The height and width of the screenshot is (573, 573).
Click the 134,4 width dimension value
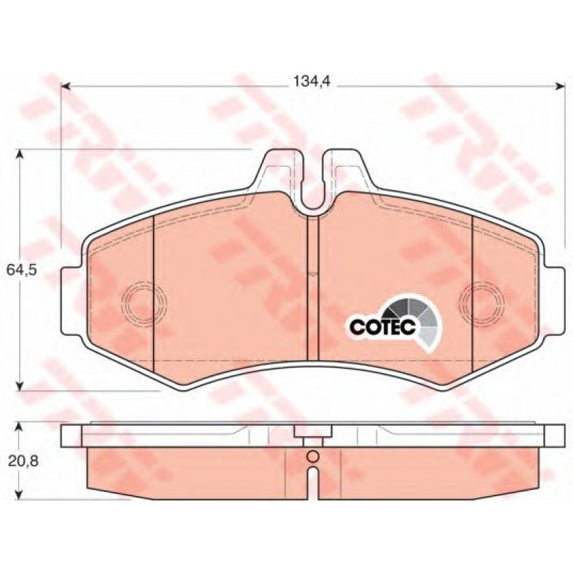(x=312, y=81)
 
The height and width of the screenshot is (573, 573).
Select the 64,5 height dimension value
(x=22, y=270)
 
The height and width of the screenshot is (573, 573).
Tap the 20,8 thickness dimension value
(x=23, y=461)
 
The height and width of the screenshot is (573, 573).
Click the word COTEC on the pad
(x=383, y=326)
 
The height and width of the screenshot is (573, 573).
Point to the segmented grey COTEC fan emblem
(x=416, y=322)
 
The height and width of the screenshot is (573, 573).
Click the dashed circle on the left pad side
(x=144, y=303)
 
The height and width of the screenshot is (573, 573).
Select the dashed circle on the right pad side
(x=483, y=303)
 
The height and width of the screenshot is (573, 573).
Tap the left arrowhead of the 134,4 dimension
(x=65, y=86)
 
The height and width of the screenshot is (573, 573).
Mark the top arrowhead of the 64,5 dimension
(x=20, y=154)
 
